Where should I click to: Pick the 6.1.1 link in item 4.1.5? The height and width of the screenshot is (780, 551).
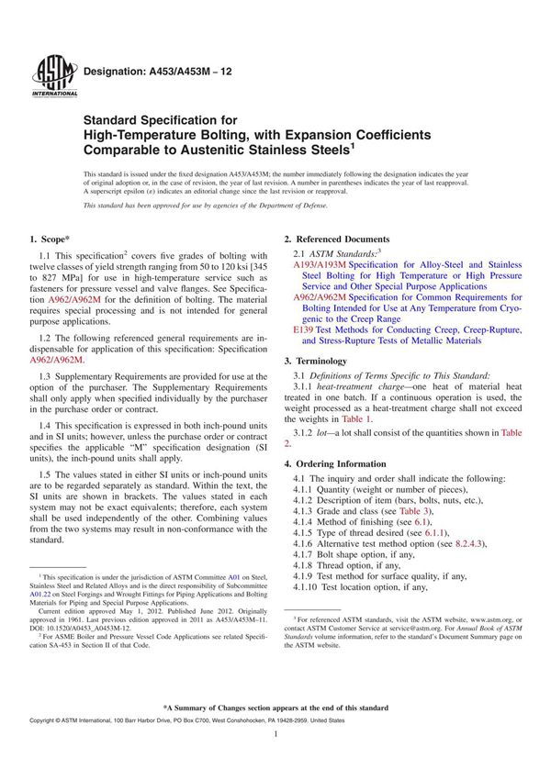[446, 533]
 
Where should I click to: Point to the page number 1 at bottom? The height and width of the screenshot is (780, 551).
[276, 749]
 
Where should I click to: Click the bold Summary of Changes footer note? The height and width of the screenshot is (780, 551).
[276, 708]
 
